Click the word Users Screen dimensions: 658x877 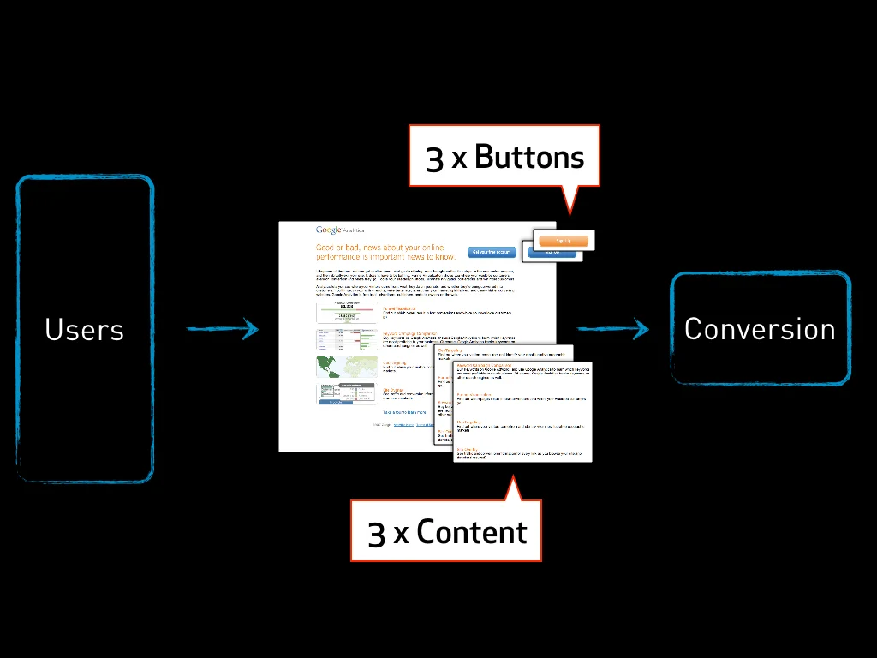[x=84, y=330]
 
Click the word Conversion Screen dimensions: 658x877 [x=759, y=329]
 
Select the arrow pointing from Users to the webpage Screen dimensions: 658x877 [x=222, y=328]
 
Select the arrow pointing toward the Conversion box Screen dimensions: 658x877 [x=612, y=328]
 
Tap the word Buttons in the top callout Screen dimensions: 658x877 [x=528, y=157]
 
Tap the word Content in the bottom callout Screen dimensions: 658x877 [x=471, y=532]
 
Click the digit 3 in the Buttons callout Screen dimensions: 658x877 [x=435, y=159]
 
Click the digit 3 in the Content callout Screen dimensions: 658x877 [x=377, y=533]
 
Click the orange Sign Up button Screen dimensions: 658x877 [x=563, y=242]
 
